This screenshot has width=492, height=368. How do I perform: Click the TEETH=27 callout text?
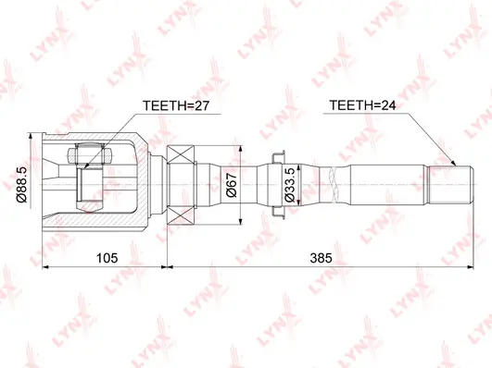point(175,105)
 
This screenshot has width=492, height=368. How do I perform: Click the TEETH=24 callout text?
point(362,105)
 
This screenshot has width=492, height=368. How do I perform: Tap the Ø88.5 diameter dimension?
point(23,185)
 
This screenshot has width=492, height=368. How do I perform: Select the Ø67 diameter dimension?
point(232,185)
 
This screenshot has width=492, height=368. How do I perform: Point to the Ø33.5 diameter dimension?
point(290,185)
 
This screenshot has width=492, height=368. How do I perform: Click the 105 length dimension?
point(107,258)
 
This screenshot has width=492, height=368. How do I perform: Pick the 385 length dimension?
point(321,258)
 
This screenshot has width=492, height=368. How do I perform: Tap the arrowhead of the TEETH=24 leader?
point(453,163)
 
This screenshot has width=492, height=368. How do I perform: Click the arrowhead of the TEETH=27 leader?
point(87,166)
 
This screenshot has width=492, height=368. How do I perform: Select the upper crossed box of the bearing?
point(181,154)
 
